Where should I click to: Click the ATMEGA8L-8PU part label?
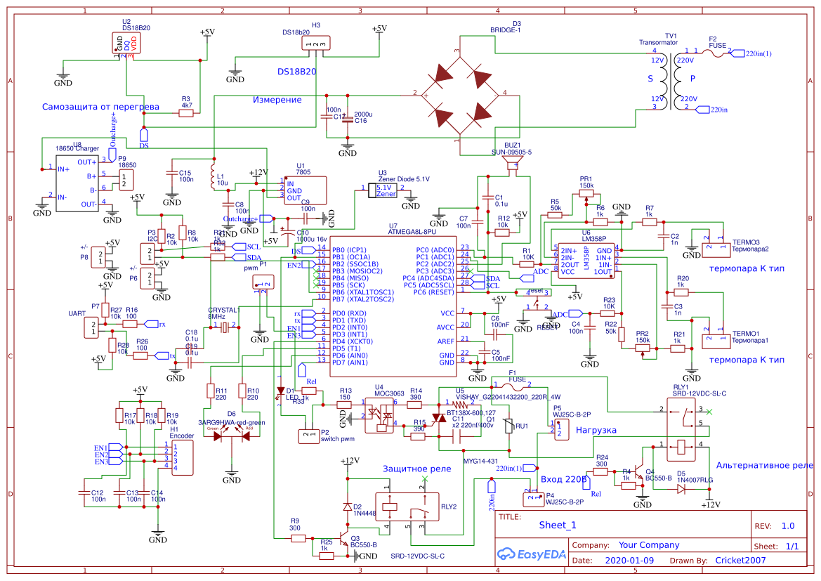pyautogui.click(x=412, y=231)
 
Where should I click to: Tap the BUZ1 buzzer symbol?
pyautogui.click(x=513, y=166)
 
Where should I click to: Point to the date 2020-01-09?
pyautogui.click(x=629, y=561)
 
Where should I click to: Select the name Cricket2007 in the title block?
pyautogui.click(x=740, y=561)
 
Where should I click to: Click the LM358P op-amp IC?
pyautogui.click(x=585, y=261)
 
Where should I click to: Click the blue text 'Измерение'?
pyautogui.click(x=277, y=100)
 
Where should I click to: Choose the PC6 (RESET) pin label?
pyautogui.click(x=437, y=292)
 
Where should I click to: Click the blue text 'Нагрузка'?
pyautogui.click(x=596, y=430)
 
